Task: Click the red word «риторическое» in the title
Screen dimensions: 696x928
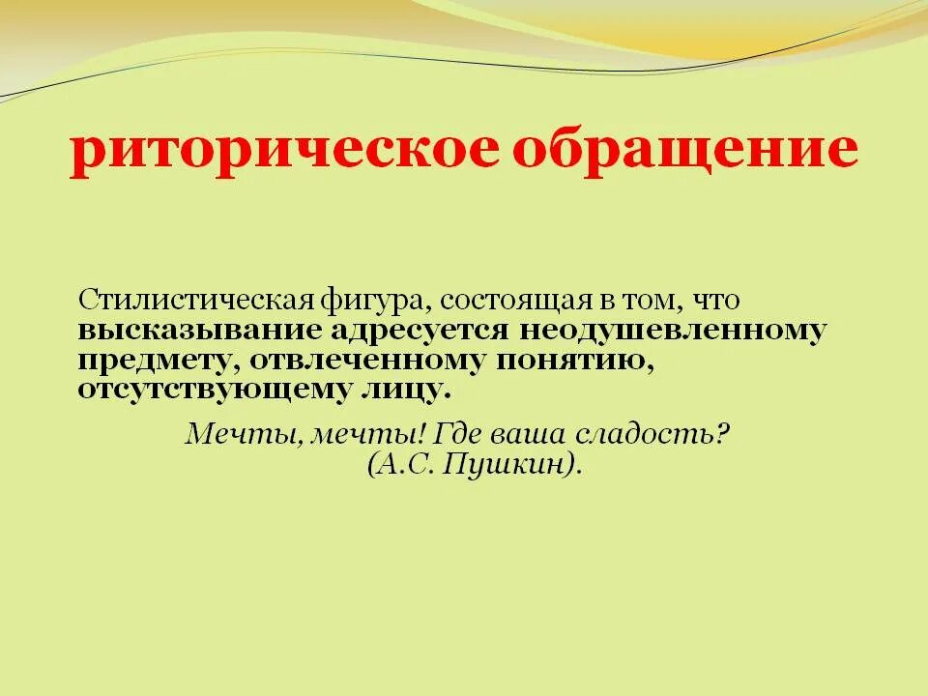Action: tap(280, 152)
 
